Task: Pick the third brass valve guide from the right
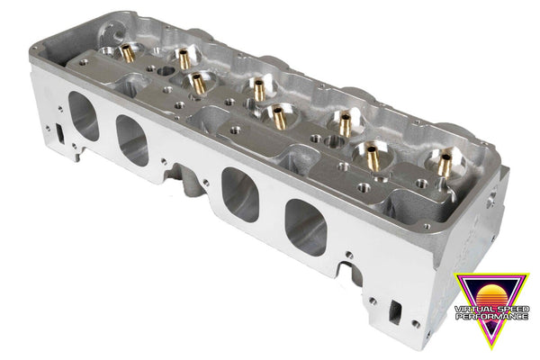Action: point(344,118)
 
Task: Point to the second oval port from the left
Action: point(131,142)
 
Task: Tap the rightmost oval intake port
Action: point(305,225)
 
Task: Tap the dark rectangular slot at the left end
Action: point(60,131)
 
